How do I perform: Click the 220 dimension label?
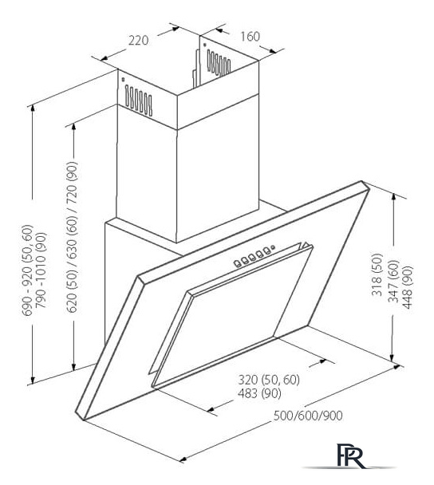tap(138, 41)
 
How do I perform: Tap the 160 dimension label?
tap(250, 37)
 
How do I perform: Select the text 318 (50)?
tap(377, 274)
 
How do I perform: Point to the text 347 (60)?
tap(394, 281)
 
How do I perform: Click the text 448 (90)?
tap(408, 287)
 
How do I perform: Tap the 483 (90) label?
tap(259, 393)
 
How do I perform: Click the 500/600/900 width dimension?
tap(308, 416)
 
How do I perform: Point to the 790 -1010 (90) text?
tap(41, 270)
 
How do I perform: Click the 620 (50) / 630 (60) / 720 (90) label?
tap(72, 237)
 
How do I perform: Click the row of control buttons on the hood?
tap(251, 256)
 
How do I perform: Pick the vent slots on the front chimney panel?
tap(139, 101)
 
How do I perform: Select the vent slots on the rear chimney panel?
tap(219, 63)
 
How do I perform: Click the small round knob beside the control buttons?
tap(273, 247)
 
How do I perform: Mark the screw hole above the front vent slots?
tap(123, 80)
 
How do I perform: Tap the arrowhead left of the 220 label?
tap(104, 58)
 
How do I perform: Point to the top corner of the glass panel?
tap(361, 181)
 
